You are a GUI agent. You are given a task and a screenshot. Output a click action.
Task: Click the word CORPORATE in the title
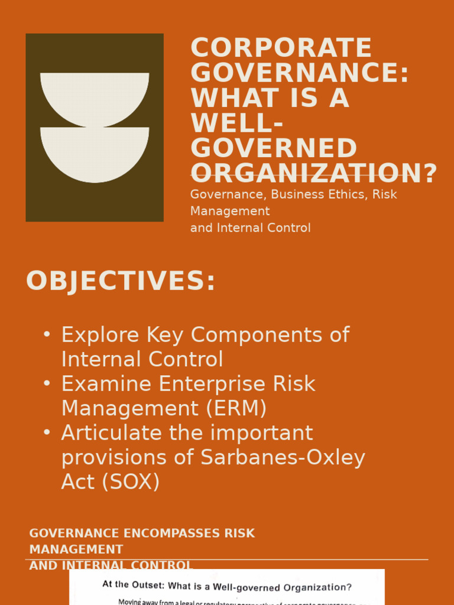(281, 48)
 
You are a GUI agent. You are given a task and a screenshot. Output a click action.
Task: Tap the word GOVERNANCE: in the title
(300, 73)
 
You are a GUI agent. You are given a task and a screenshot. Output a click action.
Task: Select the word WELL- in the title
(236, 123)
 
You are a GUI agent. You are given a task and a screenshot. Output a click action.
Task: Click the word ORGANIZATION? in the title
(314, 173)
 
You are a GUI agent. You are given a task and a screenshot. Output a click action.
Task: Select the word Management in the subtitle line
(230, 211)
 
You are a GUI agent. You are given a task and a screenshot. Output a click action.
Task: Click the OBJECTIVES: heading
(121, 281)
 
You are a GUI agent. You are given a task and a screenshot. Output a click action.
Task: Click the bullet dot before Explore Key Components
(47, 334)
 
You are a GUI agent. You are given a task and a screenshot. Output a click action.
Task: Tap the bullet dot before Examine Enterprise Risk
(47, 383)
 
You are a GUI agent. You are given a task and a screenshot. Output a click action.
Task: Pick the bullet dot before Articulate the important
(47, 432)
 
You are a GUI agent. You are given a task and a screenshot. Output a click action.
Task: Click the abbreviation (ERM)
(236, 408)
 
